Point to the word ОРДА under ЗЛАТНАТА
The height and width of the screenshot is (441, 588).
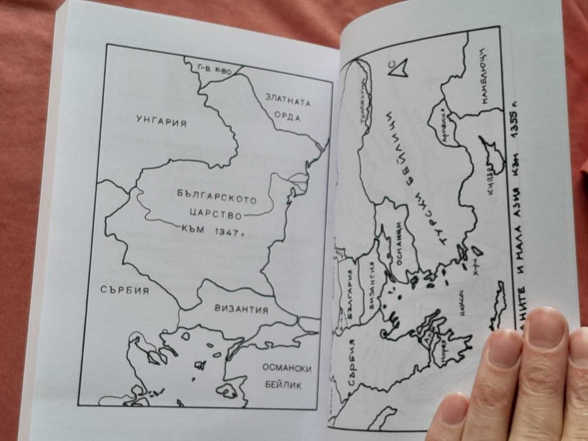(x=287, y=118)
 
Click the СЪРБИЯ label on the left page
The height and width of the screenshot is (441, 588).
(x=124, y=290)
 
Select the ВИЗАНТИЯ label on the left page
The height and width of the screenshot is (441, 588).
(x=241, y=310)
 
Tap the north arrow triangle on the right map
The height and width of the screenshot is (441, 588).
(x=398, y=67)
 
